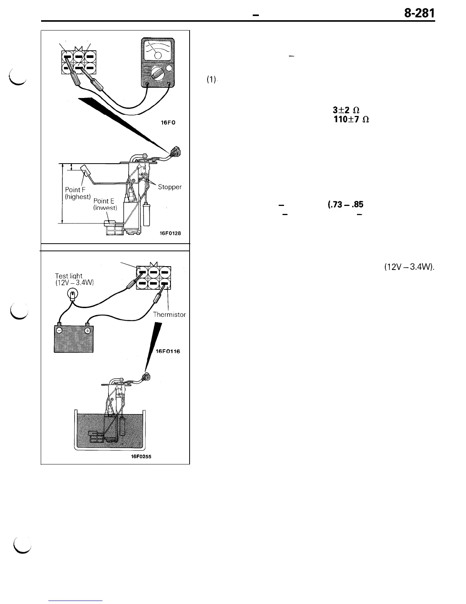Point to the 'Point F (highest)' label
pyautogui.click(x=78, y=193)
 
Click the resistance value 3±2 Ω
pyautogui.click(x=346, y=109)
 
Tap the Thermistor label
pyautogui.click(x=169, y=315)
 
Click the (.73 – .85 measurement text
pyautogui.click(x=345, y=204)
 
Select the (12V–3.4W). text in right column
pyautogui.click(x=407, y=267)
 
